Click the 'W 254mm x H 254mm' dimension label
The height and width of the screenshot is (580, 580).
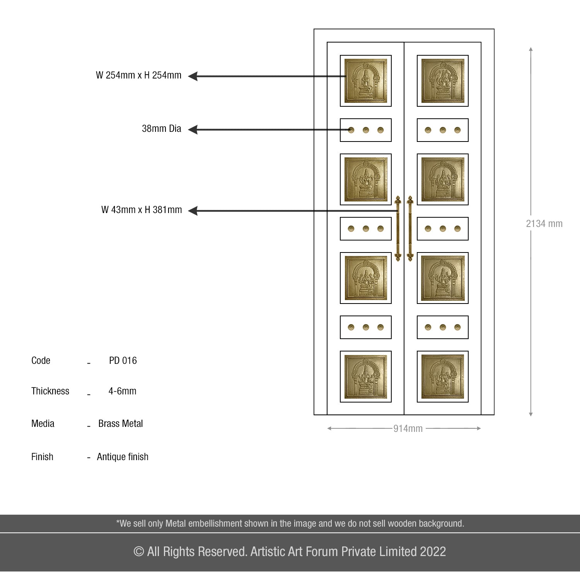tap(138, 75)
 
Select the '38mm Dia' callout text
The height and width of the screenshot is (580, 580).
tap(161, 129)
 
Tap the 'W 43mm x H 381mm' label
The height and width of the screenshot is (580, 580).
tap(142, 210)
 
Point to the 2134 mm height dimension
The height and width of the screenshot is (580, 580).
tap(544, 224)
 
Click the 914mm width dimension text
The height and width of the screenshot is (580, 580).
tap(408, 429)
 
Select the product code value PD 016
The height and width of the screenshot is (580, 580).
tap(123, 361)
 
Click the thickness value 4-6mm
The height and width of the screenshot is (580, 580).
tap(122, 391)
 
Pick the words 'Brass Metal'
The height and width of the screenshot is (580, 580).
tap(120, 424)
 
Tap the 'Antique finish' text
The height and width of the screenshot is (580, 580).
tap(123, 457)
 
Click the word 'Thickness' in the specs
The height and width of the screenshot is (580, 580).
tap(50, 391)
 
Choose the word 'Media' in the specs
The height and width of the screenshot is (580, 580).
tap(43, 424)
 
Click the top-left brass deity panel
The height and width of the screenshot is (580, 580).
tap(366, 81)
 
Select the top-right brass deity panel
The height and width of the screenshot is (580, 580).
tap(443, 81)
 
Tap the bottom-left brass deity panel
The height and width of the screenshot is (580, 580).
tap(366, 377)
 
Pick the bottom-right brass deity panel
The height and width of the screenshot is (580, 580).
tap(443, 377)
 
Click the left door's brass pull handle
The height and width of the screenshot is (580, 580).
tap(398, 229)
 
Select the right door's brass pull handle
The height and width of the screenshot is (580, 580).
tap(410, 229)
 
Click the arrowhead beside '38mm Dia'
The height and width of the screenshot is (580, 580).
tap(193, 130)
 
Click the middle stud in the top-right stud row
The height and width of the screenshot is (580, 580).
tap(443, 130)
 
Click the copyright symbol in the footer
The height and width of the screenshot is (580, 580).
tap(139, 552)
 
